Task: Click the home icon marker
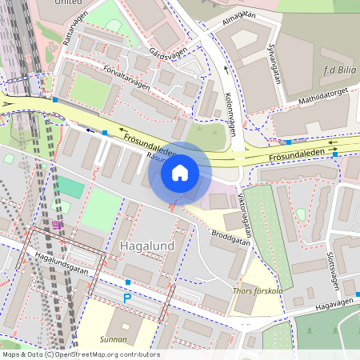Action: pos(180,173)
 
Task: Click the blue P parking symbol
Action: pos(126,298)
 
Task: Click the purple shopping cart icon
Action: pos(57,225)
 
